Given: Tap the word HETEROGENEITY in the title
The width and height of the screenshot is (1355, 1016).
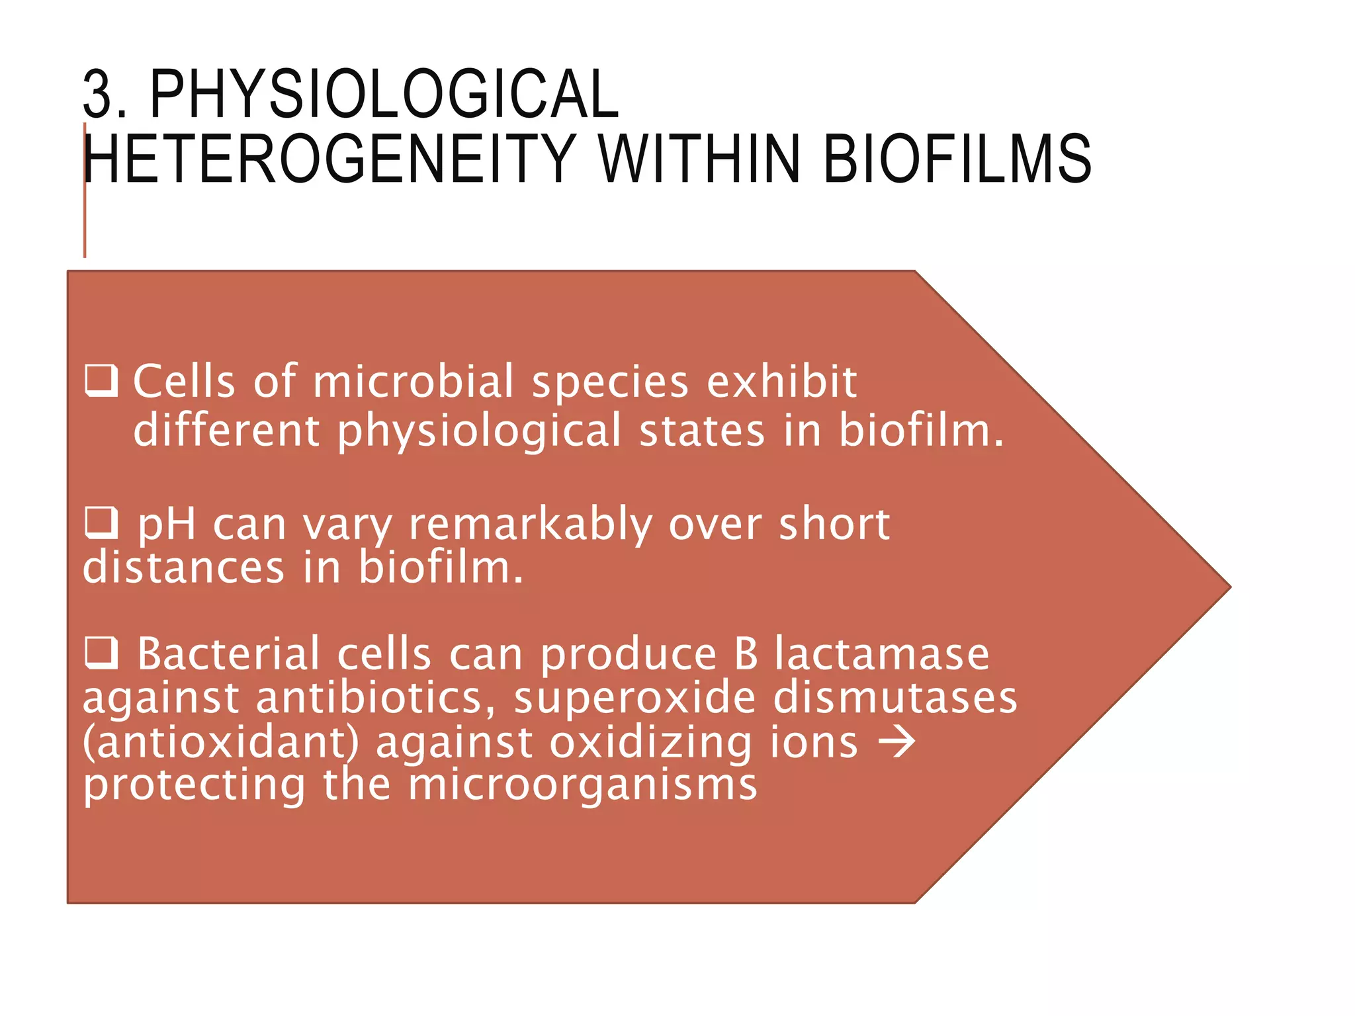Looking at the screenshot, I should click(329, 159).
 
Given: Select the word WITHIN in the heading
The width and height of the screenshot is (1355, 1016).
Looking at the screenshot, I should click(699, 159).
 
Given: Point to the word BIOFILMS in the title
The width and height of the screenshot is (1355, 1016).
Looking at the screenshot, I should click(957, 159).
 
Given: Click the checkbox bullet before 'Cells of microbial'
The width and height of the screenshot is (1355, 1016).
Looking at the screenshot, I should click(102, 381).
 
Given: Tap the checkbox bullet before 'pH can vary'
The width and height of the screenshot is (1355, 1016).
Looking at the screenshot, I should click(102, 523).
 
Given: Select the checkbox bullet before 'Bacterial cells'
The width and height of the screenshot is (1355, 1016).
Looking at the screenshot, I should click(102, 653).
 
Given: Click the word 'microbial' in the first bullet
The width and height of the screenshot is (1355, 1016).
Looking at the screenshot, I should click(413, 382).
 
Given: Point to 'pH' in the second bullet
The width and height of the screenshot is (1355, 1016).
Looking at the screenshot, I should click(167, 525).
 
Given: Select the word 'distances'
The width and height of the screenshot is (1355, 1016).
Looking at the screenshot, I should click(184, 568).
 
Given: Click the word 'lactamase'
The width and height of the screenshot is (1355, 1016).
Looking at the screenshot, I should click(882, 654).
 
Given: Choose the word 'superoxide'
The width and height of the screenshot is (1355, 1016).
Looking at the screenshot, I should click(634, 698).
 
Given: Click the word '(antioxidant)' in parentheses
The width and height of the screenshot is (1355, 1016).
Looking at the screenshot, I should click(221, 742).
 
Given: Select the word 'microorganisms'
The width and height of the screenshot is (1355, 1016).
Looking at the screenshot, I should click(582, 785).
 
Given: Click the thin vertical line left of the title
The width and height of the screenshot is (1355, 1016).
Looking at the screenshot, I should click(85, 198).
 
